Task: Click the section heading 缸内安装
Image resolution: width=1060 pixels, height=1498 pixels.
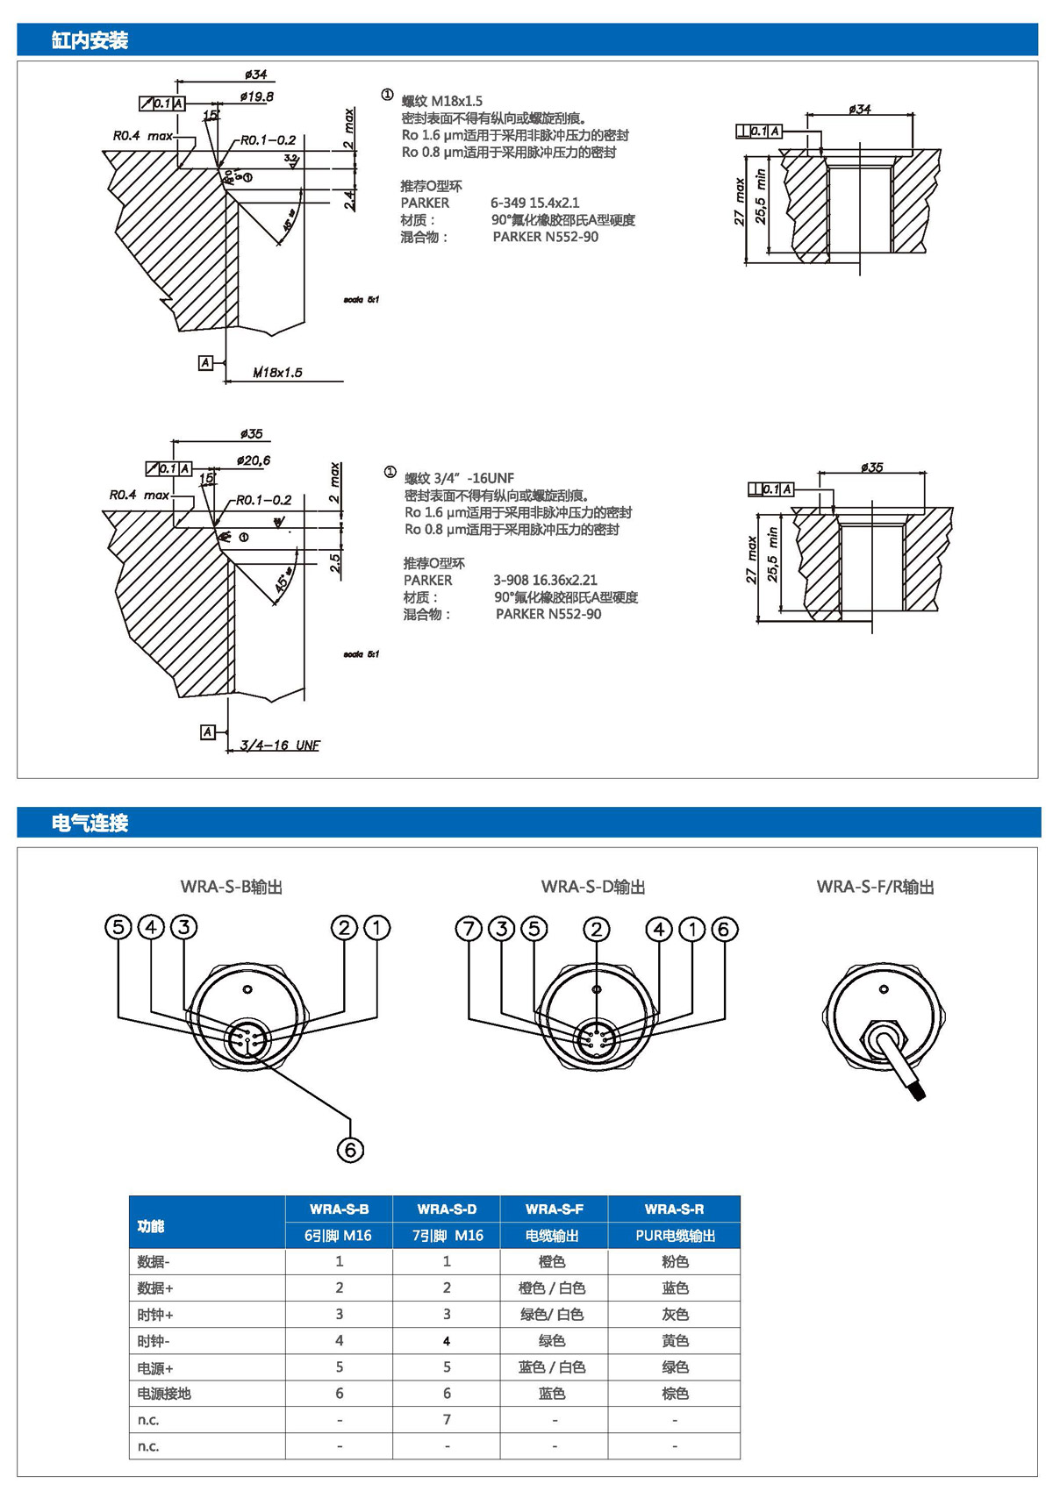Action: (x=90, y=40)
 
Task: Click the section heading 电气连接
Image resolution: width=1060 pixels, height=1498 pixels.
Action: (x=90, y=823)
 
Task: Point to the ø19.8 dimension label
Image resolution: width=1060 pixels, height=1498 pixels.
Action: (x=256, y=96)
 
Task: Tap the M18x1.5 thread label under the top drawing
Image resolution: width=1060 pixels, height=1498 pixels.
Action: (x=277, y=373)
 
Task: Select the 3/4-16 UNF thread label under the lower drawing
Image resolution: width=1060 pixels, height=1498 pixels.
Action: (x=280, y=745)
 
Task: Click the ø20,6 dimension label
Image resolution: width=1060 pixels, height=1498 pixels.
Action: (x=254, y=460)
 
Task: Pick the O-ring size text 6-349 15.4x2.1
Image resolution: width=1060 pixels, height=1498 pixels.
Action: (x=534, y=203)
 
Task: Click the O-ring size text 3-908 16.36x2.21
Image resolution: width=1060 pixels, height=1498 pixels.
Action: (x=545, y=580)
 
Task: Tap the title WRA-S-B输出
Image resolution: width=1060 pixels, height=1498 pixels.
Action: (x=232, y=887)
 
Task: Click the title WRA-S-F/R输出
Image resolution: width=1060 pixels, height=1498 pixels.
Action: (x=875, y=887)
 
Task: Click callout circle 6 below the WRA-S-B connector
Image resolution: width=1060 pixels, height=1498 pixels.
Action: (x=350, y=1150)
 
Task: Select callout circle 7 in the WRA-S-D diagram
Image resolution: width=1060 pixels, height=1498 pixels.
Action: (x=469, y=929)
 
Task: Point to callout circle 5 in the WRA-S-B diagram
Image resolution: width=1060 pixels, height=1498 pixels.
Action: (x=118, y=927)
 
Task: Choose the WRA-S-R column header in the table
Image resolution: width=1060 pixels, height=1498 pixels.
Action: (x=674, y=1209)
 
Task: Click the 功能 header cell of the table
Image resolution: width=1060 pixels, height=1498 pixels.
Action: (x=151, y=1225)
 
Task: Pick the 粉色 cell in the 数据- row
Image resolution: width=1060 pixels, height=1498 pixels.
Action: (x=674, y=1261)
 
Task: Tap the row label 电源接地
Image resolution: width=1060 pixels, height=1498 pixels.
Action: (x=164, y=1393)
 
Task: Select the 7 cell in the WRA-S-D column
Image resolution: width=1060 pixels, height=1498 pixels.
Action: (x=447, y=1419)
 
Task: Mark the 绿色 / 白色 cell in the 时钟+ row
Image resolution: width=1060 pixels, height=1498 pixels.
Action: (x=552, y=1314)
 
